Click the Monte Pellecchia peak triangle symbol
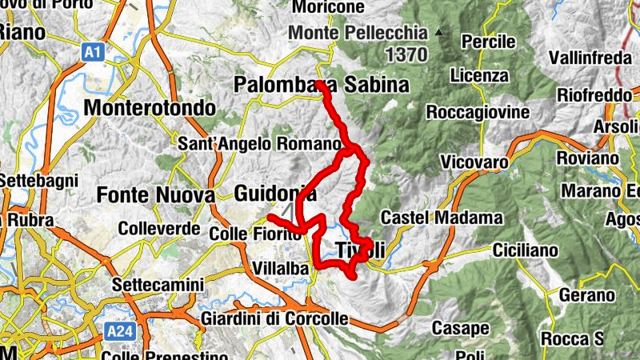[x=438, y=33]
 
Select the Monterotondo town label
[x=150, y=108]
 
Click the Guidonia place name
[x=275, y=194]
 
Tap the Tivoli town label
[x=361, y=250]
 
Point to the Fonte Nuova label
[x=155, y=194]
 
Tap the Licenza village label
[x=479, y=76]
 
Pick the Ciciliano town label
[x=525, y=251]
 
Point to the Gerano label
[x=586, y=296]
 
